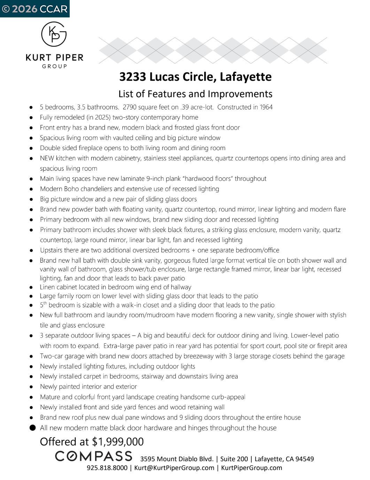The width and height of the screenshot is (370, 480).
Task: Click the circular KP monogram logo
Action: (x=54, y=34)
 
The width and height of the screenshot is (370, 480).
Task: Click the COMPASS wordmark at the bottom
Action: (x=94, y=456)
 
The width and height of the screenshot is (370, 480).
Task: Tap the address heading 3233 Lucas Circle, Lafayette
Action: (x=195, y=77)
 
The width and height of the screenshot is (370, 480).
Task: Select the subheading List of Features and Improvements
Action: (x=195, y=94)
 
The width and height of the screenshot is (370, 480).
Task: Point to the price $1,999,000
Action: (x=118, y=442)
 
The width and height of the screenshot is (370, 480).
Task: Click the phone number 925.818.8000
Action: (x=107, y=468)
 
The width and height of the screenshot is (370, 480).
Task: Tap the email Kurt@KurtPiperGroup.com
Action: (x=174, y=468)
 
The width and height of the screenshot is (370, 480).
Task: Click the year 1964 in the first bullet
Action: (x=266, y=107)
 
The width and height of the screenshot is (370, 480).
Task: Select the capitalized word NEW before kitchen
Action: (x=47, y=158)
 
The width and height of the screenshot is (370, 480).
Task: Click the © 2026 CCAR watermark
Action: (x=34, y=9)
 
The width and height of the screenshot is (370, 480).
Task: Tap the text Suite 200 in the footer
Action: (x=235, y=459)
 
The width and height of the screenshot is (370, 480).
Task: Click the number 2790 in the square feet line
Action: (x=130, y=107)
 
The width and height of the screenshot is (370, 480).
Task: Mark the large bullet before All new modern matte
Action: (x=32, y=428)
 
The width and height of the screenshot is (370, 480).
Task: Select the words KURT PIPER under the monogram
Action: (x=55, y=57)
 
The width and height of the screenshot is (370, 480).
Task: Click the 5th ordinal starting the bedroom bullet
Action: (x=43, y=305)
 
